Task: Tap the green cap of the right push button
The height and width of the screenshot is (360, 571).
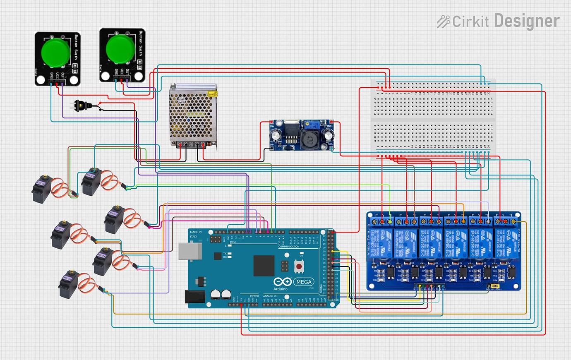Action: pyautogui.click(x=120, y=49)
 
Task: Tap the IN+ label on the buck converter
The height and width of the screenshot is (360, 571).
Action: pyautogui.click(x=272, y=126)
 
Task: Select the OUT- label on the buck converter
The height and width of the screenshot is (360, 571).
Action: pyautogui.click(x=330, y=144)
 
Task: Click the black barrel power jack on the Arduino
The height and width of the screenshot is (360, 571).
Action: pyautogui.click(x=194, y=296)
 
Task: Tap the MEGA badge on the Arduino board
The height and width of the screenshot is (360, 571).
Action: pyautogui.click(x=304, y=282)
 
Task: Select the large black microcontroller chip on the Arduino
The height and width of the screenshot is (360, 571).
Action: pyautogui.click(x=264, y=265)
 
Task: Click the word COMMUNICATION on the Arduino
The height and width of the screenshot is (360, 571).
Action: pyautogui.click(x=288, y=247)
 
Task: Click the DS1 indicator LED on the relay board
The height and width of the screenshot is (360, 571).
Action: pyautogui.click(x=376, y=280)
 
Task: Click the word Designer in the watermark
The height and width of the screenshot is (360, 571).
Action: pyautogui.click(x=526, y=21)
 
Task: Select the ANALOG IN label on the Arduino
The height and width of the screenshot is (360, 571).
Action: pyautogui.click(x=270, y=296)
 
